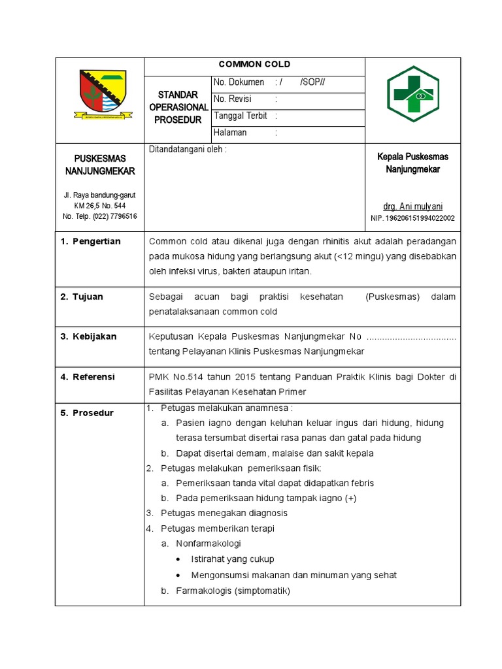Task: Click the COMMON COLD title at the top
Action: coord(254,65)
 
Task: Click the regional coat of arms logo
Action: coord(99,95)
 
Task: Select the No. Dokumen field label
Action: coord(239,82)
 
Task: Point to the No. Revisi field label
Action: coord(233,99)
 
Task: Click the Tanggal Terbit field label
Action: coord(241,116)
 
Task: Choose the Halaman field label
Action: coord(231,133)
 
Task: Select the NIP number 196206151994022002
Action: coord(412,218)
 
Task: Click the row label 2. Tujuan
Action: coord(82,297)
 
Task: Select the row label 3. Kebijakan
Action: coord(89,336)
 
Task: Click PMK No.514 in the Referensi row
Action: coord(174,377)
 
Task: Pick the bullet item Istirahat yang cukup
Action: coord(232,559)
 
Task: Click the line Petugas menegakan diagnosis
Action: coord(224,513)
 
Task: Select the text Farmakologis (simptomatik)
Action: coord(232,591)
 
